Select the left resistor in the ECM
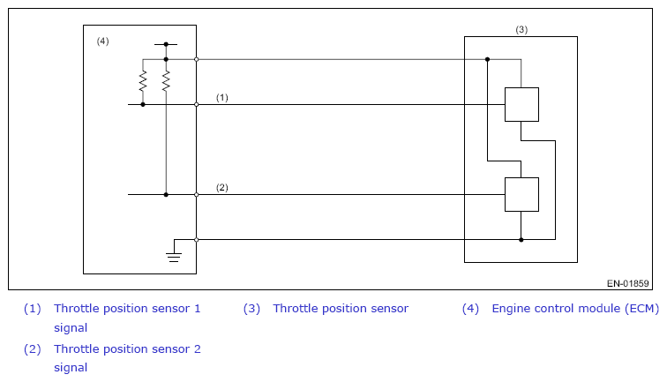[x=143, y=81]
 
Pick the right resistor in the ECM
[x=166, y=81]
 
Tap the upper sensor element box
[x=521, y=105]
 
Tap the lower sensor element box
[x=521, y=194]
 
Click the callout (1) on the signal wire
[x=222, y=97]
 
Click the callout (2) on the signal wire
[x=222, y=188]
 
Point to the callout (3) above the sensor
[x=521, y=29]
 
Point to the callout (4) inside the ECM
[x=102, y=41]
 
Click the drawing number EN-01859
[x=628, y=283]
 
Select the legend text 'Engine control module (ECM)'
[x=575, y=309]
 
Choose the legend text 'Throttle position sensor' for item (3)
[x=341, y=309]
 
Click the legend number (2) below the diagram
[x=33, y=348]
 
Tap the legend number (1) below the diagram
[x=33, y=309]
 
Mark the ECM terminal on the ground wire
[x=197, y=240]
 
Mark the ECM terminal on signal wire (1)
[x=197, y=105]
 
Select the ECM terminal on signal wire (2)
[x=197, y=194]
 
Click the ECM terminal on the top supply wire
[x=197, y=60]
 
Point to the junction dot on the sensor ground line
[x=521, y=240]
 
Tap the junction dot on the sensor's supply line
[x=488, y=60]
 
